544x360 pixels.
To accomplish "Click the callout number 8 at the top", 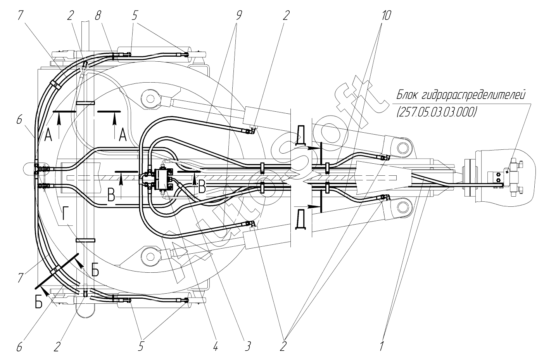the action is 98,16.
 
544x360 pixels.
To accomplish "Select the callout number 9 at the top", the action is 239,16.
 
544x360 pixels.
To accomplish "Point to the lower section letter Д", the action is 300,220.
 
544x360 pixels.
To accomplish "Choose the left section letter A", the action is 48,135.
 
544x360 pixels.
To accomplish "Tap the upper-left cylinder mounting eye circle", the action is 150,98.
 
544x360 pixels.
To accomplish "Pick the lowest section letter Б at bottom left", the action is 39,303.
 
